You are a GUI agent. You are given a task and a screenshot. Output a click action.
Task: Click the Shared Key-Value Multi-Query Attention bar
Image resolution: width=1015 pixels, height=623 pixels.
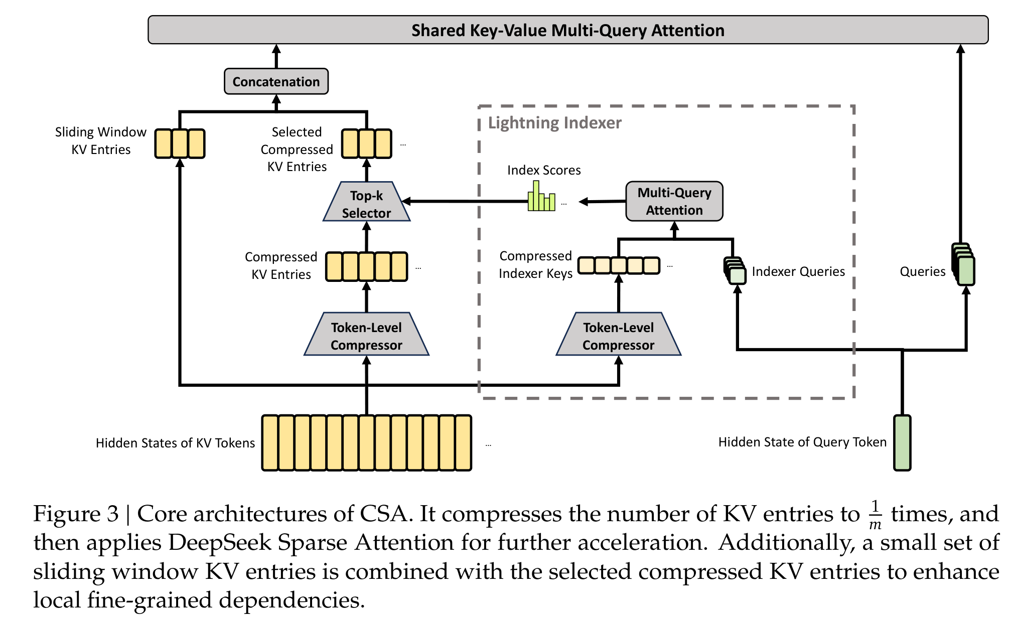pyautogui.click(x=568, y=30)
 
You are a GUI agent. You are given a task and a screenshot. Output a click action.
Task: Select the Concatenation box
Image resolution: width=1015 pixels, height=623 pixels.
pyautogui.click(x=276, y=81)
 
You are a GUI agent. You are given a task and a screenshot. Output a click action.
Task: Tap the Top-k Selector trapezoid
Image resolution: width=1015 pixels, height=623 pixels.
pyautogui.click(x=366, y=201)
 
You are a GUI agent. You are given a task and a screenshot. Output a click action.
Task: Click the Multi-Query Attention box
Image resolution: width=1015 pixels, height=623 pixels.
pyautogui.click(x=674, y=201)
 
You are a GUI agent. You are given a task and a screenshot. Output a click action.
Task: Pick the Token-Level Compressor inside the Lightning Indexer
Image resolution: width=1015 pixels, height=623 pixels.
pyautogui.click(x=618, y=334)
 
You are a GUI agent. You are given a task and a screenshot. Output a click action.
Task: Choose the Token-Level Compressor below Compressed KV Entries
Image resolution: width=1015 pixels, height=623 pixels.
pyautogui.click(x=366, y=334)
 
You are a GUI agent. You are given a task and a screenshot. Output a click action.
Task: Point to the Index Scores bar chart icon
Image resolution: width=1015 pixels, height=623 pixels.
pyautogui.click(x=541, y=196)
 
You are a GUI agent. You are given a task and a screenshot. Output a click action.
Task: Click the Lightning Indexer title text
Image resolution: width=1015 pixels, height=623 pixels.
pyautogui.click(x=554, y=123)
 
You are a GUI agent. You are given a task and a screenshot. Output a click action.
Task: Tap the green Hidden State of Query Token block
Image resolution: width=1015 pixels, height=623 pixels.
pyautogui.click(x=902, y=442)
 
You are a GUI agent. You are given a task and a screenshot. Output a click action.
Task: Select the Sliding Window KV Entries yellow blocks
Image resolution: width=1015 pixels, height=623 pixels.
pyautogui.click(x=180, y=143)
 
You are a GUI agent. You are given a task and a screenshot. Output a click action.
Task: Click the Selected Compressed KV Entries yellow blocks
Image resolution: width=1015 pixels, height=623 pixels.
pyautogui.click(x=366, y=143)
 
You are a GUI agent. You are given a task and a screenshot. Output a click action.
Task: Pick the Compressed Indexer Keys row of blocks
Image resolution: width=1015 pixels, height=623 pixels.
pyautogui.click(x=619, y=265)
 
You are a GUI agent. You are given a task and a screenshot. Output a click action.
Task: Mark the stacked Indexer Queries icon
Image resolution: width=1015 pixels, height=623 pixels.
pyautogui.click(x=735, y=271)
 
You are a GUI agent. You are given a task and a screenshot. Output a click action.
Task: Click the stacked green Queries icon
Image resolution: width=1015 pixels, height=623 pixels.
pyautogui.click(x=963, y=265)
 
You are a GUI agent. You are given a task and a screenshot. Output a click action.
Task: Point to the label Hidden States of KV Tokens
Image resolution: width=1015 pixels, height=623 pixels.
pyautogui.click(x=175, y=443)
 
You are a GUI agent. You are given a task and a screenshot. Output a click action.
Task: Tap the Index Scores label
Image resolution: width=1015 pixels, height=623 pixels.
pyautogui.click(x=544, y=170)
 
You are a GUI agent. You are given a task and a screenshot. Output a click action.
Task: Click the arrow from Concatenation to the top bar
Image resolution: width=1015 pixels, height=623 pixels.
pyautogui.click(x=276, y=56)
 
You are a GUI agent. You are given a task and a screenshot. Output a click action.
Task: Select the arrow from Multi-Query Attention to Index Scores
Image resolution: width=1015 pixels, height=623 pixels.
pyautogui.click(x=602, y=202)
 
